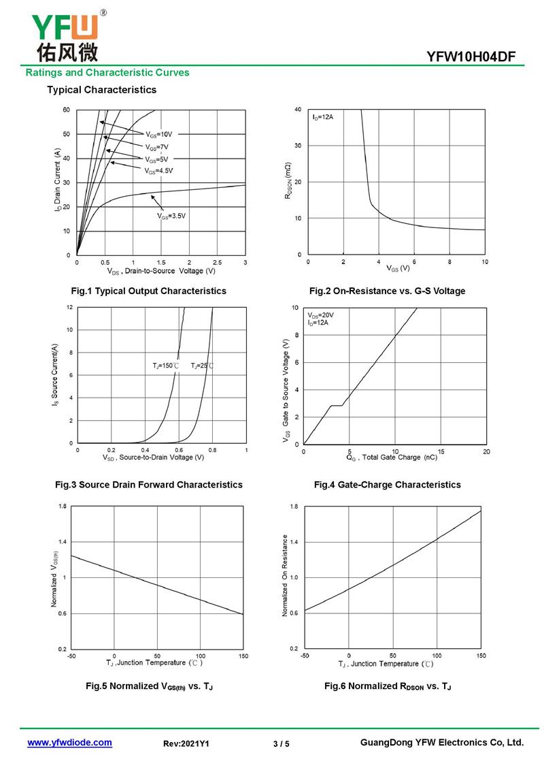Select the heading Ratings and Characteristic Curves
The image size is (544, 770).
coord(107,73)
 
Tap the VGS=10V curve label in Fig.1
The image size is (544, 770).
coord(158,134)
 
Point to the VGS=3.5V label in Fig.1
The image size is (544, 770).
coord(171,216)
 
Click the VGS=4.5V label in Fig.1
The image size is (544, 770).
coord(158,170)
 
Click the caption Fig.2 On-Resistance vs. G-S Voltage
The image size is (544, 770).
coord(387,291)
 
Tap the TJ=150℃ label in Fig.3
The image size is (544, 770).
coord(165,366)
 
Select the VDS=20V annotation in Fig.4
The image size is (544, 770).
coord(321,315)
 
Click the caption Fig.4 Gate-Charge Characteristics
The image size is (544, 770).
coord(387,485)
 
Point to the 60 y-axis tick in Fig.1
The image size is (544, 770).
coord(66,110)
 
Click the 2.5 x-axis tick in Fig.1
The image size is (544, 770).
coord(217,262)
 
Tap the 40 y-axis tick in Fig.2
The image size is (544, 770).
coord(298,110)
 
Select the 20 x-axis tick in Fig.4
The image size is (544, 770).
coord(486,451)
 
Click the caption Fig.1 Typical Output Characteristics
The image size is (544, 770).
coord(149,291)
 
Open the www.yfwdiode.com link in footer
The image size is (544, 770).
coord(69,743)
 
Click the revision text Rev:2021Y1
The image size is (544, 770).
coord(186,744)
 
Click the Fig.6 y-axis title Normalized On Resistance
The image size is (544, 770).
coord(286,576)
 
